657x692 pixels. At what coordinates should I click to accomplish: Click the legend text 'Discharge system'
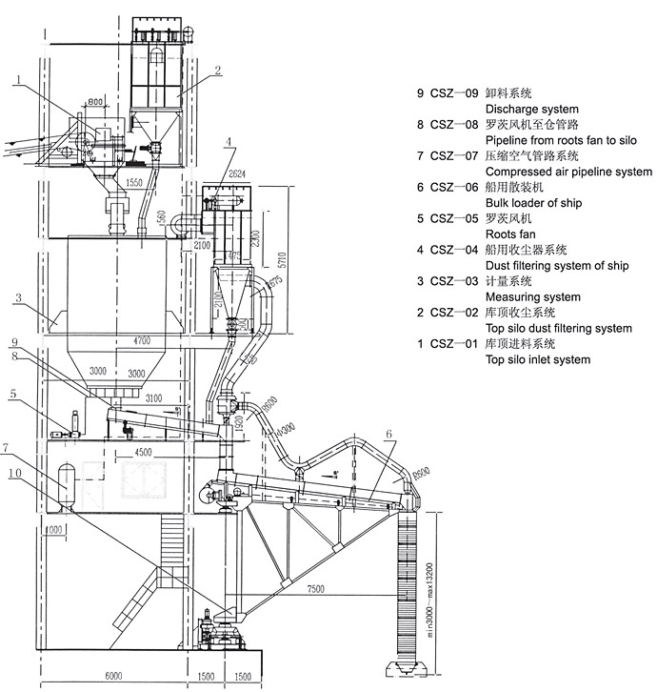[x=532, y=110]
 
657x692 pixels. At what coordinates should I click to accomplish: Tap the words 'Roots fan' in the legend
[x=514, y=234]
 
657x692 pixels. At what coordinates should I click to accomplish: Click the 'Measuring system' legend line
[x=533, y=296]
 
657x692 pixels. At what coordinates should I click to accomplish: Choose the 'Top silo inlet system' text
[x=537, y=359]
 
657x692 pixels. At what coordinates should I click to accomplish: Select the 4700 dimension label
[x=141, y=339]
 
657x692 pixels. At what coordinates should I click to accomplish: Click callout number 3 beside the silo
[x=17, y=298]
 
